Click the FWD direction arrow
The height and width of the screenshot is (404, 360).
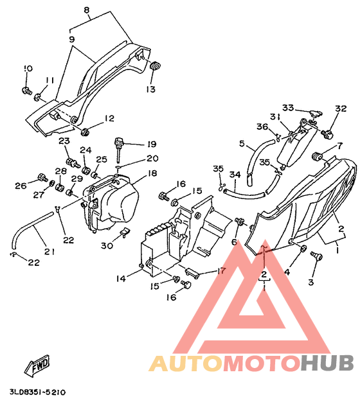coord(37,365)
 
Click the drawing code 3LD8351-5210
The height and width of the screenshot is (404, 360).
coord(38,392)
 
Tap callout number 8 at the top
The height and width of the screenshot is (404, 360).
coord(87,10)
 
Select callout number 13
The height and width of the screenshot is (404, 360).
coord(150,89)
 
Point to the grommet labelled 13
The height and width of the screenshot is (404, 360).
coord(155,66)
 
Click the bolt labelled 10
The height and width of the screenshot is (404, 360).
coord(26,91)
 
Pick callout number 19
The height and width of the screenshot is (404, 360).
coord(152,144)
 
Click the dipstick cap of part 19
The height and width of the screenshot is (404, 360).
coord(119,141)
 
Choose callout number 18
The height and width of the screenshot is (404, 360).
coord(152,173)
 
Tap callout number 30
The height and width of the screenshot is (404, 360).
coord(107,245)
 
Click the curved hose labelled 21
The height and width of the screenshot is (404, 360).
coord(31,229)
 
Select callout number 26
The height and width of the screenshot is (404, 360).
coord(21,186)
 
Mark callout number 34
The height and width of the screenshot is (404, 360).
coord(235,175)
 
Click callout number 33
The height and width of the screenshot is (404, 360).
coord(288,107)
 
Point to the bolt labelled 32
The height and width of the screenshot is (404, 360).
coord(327,134)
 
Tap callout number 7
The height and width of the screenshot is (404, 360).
coord(340,146)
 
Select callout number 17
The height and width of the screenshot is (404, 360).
coord(221,270)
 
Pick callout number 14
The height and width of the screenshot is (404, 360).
coord(121,278)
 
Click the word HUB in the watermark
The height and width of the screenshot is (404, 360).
coord(327,363)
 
